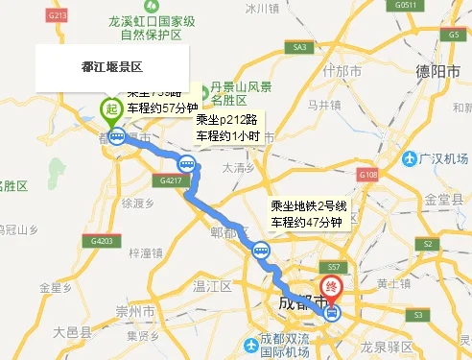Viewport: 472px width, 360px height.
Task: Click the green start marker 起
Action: coord(111,109)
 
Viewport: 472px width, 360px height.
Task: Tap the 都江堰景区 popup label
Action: coord(111,67)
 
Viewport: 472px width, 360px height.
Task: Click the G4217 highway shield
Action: coord(172,180)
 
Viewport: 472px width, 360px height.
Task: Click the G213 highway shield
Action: coord(58,16)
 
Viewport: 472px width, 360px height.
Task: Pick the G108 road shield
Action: coord(368,175)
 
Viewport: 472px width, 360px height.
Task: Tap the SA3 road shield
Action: coord(300,47)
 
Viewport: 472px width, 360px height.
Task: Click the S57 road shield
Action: coord(334,265)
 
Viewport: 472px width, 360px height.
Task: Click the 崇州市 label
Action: coord(135,312)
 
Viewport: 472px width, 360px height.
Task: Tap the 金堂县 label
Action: coord(444,200)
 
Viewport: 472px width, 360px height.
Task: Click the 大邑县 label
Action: coord(73,332)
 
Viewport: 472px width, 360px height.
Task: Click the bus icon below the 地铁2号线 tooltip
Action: coord(260,251)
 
